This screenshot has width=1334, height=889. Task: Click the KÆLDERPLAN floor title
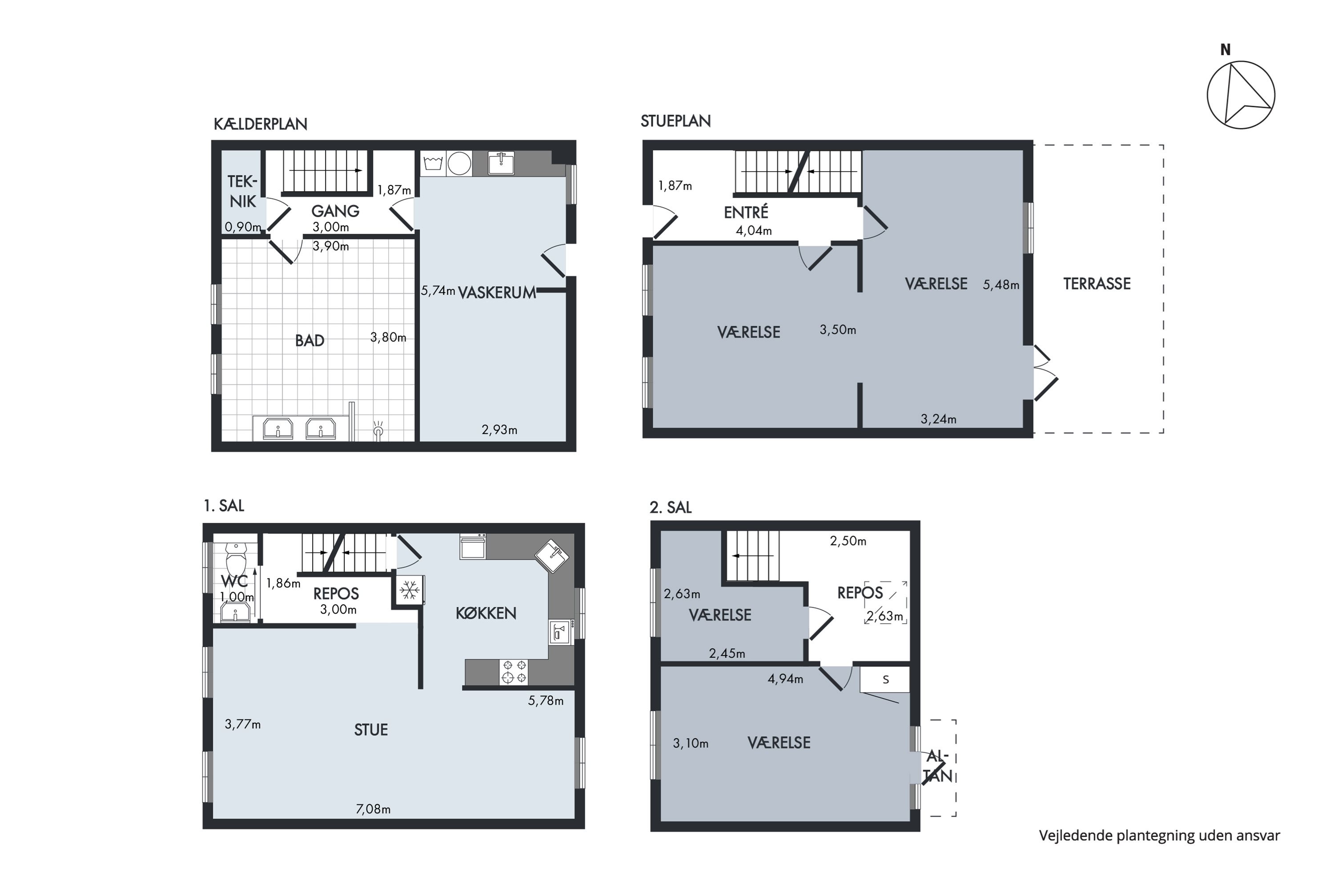[260, 124]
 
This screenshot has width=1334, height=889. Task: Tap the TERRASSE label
[1097, 284]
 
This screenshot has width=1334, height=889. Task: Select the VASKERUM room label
[497, 292]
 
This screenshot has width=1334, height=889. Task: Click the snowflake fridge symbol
[409, 590]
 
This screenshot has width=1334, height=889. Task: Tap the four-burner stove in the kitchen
[513, 671]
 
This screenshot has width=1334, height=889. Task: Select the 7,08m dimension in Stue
[373, 809]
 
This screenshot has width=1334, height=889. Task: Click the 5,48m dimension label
[1001, 284]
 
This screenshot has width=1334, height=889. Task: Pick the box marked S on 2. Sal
[885, 679]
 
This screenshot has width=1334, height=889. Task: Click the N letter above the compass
[1226, 50]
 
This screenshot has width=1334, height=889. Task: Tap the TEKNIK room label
[243, 191]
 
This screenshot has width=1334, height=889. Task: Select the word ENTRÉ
[746, 212]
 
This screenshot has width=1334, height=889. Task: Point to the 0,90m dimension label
[243, 227]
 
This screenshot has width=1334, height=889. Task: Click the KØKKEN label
[486, 613]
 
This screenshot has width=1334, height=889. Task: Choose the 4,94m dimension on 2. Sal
[786, 679]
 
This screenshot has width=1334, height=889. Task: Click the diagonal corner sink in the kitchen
[552, 556]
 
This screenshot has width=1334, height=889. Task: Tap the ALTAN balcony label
[937, 765]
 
